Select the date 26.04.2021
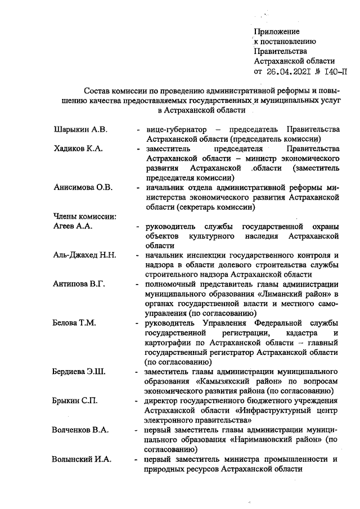[x=287, y=71]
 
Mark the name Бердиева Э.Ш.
[x=80, y=371]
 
